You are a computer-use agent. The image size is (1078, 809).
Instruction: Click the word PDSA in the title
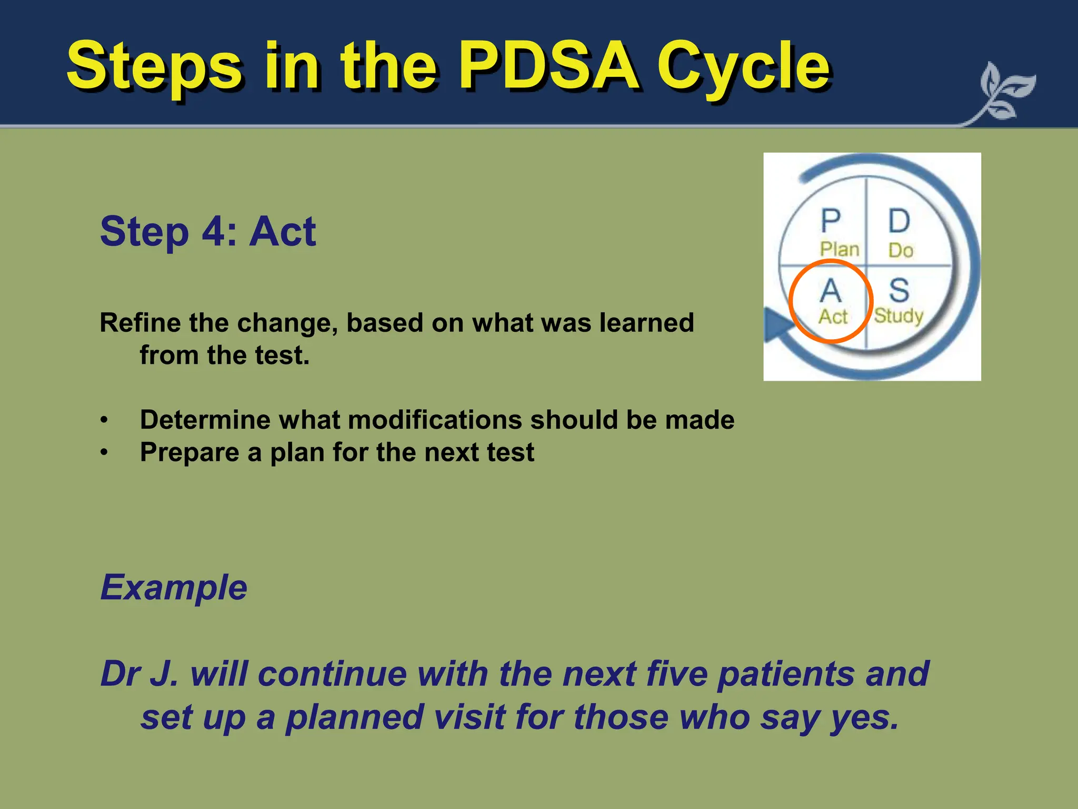click(x=550, y=66)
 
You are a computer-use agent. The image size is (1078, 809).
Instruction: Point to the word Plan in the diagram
click(x=840, y=249)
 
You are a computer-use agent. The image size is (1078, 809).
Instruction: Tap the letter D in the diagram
click(x=900, y=221)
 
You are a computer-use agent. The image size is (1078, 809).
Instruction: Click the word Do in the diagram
click(x=901, y=250)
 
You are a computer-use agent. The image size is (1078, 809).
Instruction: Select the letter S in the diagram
click(x=899, y=290)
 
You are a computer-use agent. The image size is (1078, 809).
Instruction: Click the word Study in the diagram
click(x=899, y=316)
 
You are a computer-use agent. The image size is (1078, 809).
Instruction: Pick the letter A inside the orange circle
click(x=831, y=290)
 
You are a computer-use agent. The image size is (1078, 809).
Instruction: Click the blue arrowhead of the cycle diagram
click(x=776, y=325)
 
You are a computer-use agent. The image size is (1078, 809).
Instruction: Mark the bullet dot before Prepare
click(x=104, y=452)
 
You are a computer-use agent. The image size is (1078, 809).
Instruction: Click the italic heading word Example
click(x=174, y=587)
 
